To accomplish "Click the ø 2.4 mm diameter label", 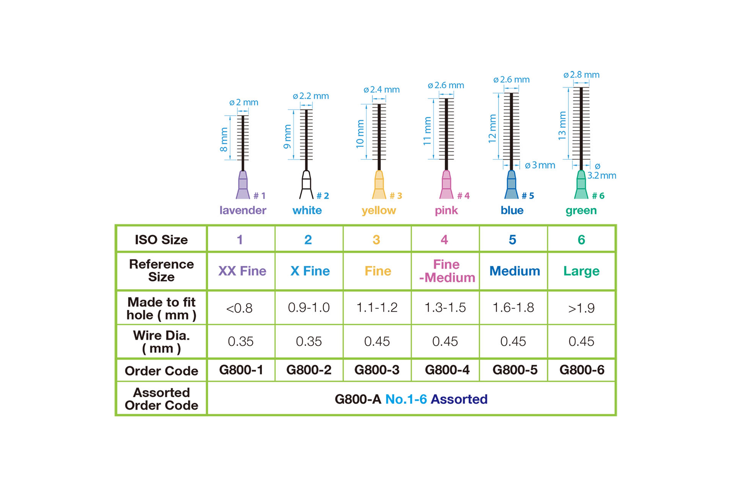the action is click(382, 90).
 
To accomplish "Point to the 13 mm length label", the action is click(562, 125).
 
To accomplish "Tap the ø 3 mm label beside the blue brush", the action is click(540, 165).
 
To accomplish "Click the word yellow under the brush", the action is click(379, 210).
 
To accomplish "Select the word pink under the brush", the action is click(446, 210).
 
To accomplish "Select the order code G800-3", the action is click(377, 370).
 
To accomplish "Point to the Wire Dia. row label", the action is click(161, 342).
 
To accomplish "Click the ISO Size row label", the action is click(161, 240).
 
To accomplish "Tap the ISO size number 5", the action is click(513, 240).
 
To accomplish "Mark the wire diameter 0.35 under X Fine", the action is click(309, 341).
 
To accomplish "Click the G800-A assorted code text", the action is click(358, 399).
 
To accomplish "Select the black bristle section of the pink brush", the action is click(446, 129).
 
